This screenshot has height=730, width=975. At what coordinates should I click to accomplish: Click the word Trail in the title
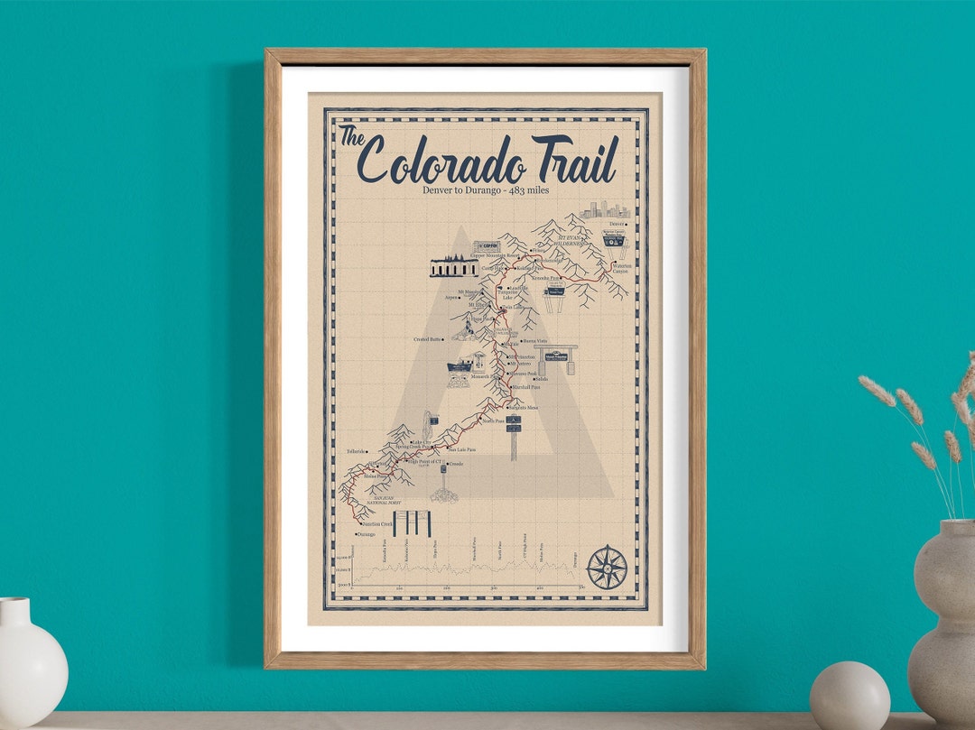pyautogui.click(x=574, y=160)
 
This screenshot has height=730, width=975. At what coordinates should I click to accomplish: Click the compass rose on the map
pyautogui.click(x=607, y=568)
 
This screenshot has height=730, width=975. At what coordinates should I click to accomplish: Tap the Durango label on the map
pyautogui.click(x=366, y=534)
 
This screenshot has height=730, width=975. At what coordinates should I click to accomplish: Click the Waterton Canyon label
pyautogui.click(x=621, y=268)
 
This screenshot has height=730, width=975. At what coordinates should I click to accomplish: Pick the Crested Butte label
pyautogui.click(x=428, y=339)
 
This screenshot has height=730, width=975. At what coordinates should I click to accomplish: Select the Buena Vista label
pyautogui.click(x=535, y=341)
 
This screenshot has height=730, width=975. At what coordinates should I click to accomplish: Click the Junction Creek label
pyautogui.click(x=376, y=523)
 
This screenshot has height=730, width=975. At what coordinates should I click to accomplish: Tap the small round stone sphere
pyautogui.click(x=850, y=696)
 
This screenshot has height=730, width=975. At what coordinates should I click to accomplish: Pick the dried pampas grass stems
pyautogui.click(x=921, y=433)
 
